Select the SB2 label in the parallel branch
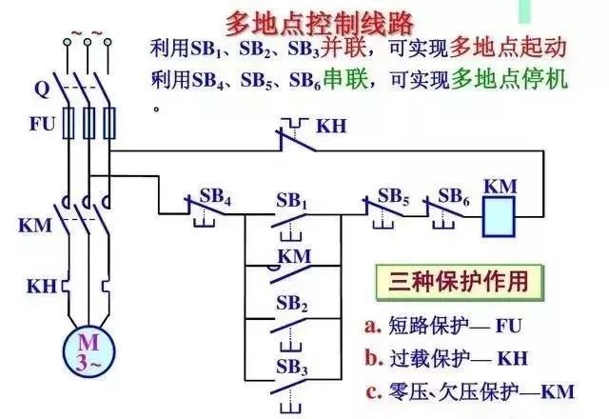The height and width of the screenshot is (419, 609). pos(291,306)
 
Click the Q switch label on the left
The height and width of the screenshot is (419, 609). pos(41,90)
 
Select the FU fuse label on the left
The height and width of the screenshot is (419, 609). pos(40,123)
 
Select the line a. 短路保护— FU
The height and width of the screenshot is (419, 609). pos(443,327)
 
